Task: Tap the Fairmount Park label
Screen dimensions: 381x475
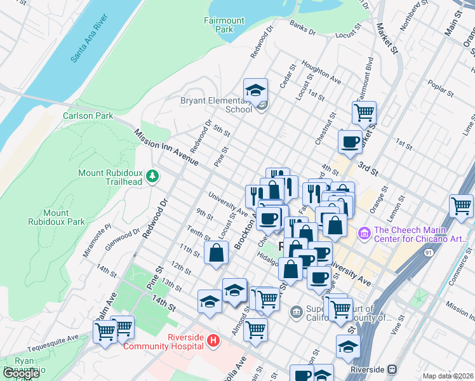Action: coord(224,25)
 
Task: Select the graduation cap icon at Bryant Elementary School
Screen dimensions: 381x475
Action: coord(256,90)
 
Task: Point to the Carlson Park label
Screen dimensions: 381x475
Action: coord(88,116)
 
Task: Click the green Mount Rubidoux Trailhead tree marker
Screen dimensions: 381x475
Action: coord(152,175)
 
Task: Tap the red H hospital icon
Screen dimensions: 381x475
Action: coord(214,341)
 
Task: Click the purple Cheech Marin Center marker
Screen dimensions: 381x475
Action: coord(365,234)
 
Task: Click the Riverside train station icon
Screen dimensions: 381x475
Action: coord(393,369)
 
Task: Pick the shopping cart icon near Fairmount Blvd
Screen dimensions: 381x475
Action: coord(364,113)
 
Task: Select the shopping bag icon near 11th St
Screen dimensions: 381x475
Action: coord(217,252)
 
